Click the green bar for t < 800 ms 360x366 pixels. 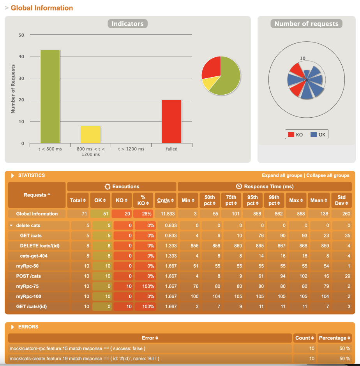pyautogui.click(x=50, y=97)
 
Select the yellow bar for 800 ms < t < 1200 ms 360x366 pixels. pyautogui.click(x=91, y=134)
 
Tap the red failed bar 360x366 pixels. pyautogui.click(x=172, y=122)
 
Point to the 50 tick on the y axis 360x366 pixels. pyautogui.click(x=21, y=35)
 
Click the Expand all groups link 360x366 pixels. pyautogui.click(x=282, y=175)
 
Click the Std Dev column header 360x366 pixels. pyautogui.click(x=341, y=200)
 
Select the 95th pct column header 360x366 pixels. pyautogui.click(x=252, y=200)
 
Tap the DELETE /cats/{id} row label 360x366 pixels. pyautogui.click(x=40, y=246)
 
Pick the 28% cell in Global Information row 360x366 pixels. pyautogui.click(x=144, y=214)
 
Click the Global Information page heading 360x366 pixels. pyautogui.click(x=42, y=8)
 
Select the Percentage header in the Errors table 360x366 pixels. pyautogui.click(x=334, y=338)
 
